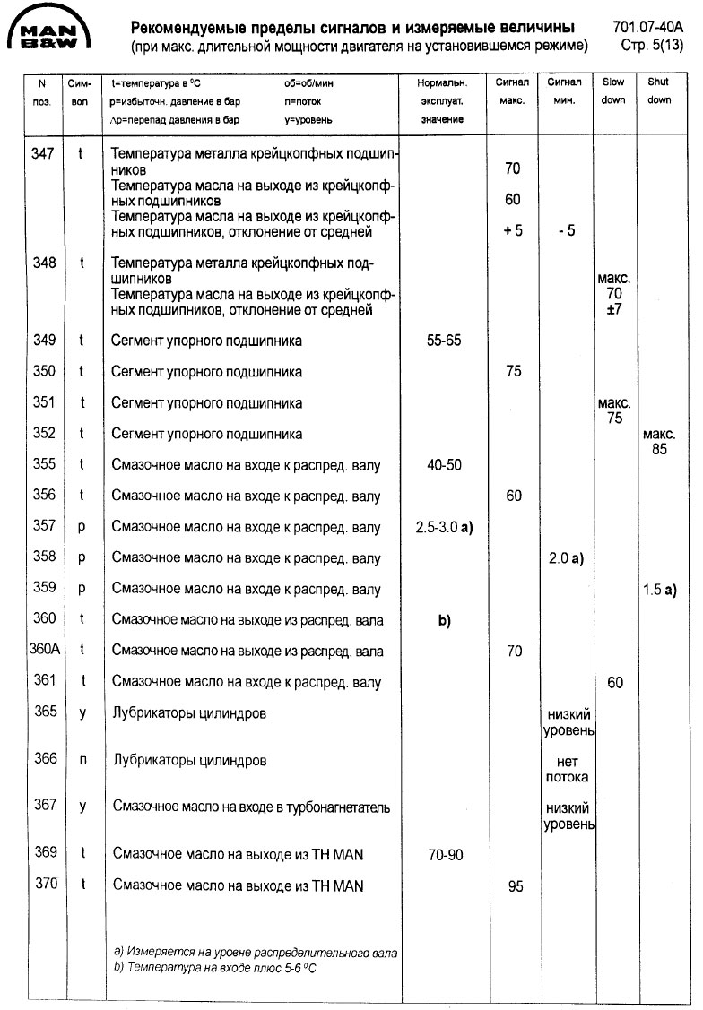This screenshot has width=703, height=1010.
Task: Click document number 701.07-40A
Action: (653, 27)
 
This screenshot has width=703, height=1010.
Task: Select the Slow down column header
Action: (613, 91)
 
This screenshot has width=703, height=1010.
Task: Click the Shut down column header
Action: (658, 91)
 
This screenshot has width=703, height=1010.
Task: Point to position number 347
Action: (43, 153)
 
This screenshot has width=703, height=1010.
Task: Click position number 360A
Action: (43, 650)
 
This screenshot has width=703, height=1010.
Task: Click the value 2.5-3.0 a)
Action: (444, 527)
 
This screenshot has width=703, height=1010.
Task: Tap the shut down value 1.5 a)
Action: (659, 590)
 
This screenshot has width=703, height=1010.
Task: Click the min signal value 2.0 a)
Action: (565, 558)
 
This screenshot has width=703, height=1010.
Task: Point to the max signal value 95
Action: (515, 887)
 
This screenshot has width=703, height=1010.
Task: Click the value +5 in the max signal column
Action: (513, 230)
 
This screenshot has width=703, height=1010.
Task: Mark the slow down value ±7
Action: (614, 309)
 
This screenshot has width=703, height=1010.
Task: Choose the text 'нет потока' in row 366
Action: (567, 769)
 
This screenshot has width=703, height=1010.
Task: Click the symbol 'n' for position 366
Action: (82, 759)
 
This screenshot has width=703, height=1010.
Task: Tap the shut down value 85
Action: (659, 449)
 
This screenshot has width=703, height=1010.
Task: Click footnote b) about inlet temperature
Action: (215, 969)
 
